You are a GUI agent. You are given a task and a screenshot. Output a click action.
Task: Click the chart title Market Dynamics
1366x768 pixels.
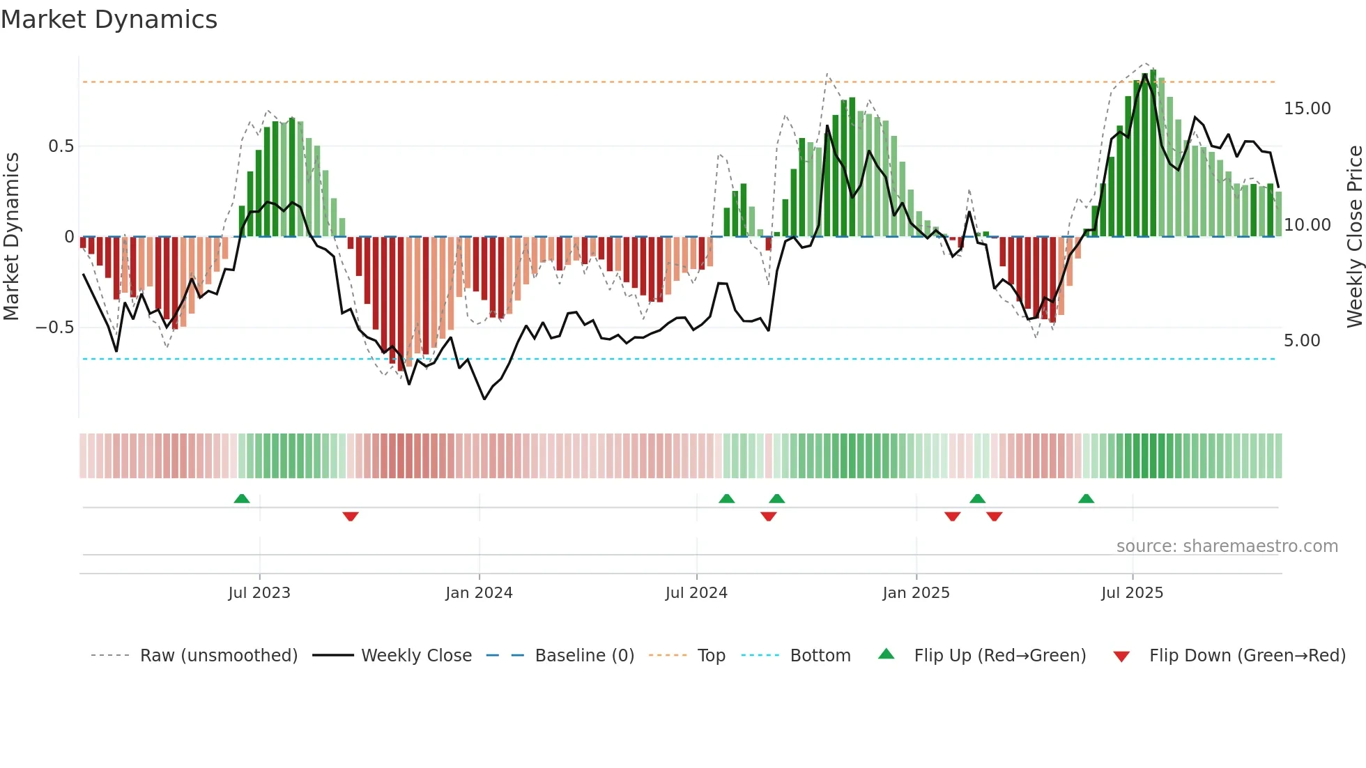click(109, 20)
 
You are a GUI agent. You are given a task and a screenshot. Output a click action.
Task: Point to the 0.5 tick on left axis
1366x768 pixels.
click(61, 146)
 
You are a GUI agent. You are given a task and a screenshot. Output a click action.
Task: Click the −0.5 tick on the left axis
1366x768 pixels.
click(55, 328)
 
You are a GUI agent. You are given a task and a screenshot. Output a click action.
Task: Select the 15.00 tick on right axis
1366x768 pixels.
click(1307, 109)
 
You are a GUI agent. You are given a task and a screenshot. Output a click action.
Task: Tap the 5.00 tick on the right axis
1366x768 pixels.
click(1302, 341)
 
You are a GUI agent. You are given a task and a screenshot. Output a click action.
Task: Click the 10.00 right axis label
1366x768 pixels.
click(1307, 225)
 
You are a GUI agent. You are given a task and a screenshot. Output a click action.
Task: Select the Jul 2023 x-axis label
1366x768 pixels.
click(259, 593)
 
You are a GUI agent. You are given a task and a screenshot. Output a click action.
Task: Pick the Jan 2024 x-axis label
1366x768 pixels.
click(479, 593)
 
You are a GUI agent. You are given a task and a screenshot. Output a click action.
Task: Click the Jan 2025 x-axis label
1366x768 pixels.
click(916, 593)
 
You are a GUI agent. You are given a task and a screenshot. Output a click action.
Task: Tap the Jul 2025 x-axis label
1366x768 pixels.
click(1132, 593)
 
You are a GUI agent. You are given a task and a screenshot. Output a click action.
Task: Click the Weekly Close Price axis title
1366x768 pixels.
click(1354, 236)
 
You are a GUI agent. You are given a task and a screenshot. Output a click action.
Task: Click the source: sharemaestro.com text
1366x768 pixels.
click(1227, 546)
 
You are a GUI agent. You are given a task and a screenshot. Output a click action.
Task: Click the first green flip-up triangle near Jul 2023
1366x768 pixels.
click(242, 499)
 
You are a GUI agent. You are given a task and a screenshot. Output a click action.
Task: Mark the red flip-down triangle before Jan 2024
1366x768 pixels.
click(351, 516)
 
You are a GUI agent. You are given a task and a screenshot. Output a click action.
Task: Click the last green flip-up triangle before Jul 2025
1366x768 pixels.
click(1086, 499)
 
